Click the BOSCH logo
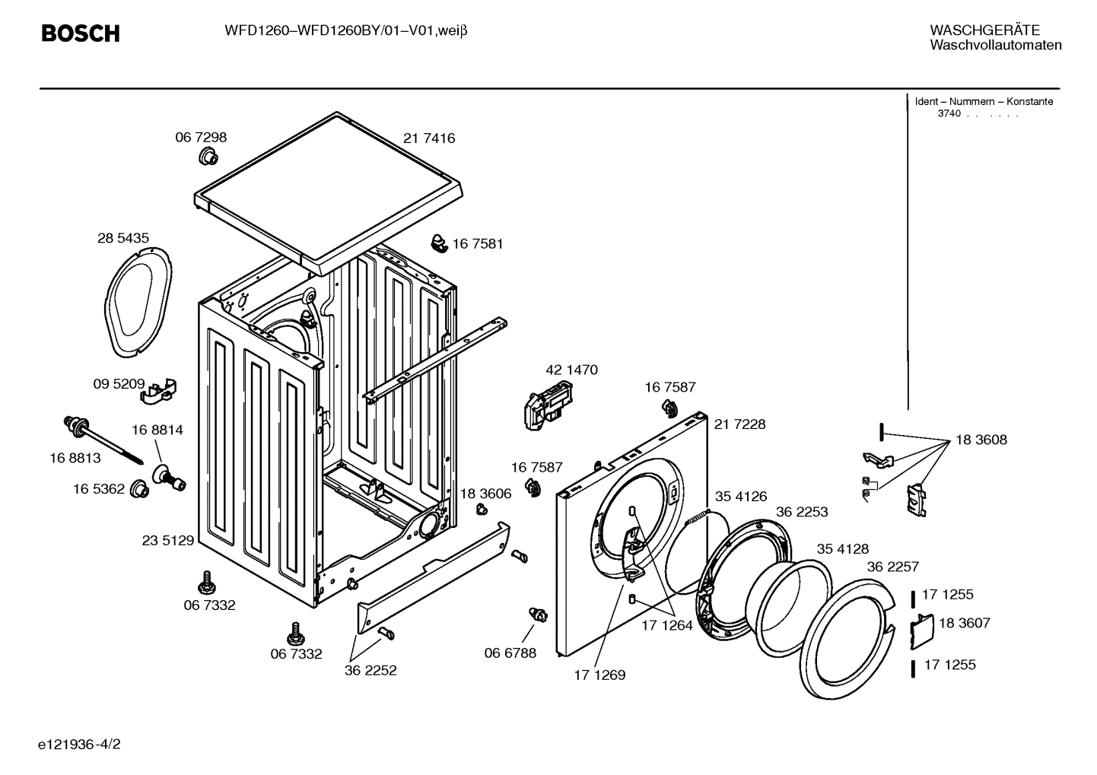coord(80,33)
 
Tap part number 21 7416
coord(429,138)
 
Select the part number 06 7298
coord(201,138)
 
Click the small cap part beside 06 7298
coord(208,157)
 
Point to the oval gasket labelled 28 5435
coord(138,300)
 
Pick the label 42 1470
coord(571,370)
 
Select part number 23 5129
coord(168,541)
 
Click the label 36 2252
coord(370,671)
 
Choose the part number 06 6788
coord(510,653)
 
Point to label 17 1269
coord(599,675)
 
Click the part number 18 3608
coord(981,440)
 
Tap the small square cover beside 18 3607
coord(922,630)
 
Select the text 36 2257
coord(892,567)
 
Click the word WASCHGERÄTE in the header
coord(984,30)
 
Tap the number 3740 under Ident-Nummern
coord(949,114)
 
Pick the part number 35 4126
coord(740,497)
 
